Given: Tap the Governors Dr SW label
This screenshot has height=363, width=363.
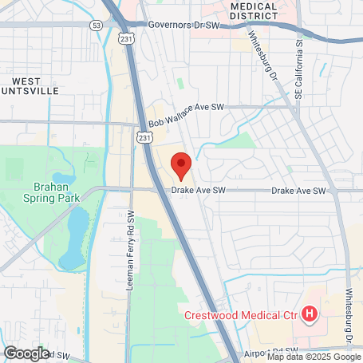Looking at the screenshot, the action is coord(183,25).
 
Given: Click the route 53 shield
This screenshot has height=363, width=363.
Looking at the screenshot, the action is coord(97,26).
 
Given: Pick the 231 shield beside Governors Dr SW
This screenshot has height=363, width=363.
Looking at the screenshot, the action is coord(124,37).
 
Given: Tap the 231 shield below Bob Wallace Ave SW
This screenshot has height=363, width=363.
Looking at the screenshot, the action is coord(144,138).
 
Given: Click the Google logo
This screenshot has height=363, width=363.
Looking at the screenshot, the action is coord(26,352).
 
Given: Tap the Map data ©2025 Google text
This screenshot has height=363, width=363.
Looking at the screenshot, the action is coord(314,357).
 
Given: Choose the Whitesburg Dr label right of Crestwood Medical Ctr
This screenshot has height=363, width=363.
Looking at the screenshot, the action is coord(349,315).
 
